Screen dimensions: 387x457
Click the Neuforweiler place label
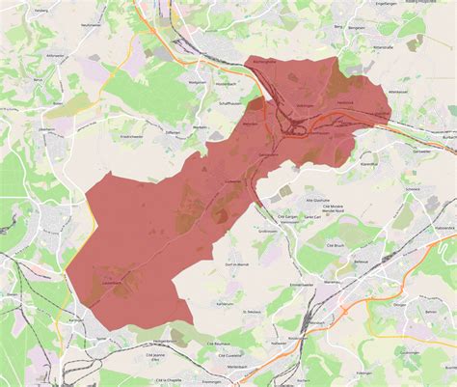(92, 23)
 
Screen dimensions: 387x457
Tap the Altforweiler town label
(53, 56)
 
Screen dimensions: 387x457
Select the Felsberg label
(40, 10)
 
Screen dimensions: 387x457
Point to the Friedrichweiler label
(131, 136)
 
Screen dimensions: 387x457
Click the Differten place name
(174, 133)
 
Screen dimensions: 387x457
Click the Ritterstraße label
(383, 45)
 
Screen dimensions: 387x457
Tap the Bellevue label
(362, 261)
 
